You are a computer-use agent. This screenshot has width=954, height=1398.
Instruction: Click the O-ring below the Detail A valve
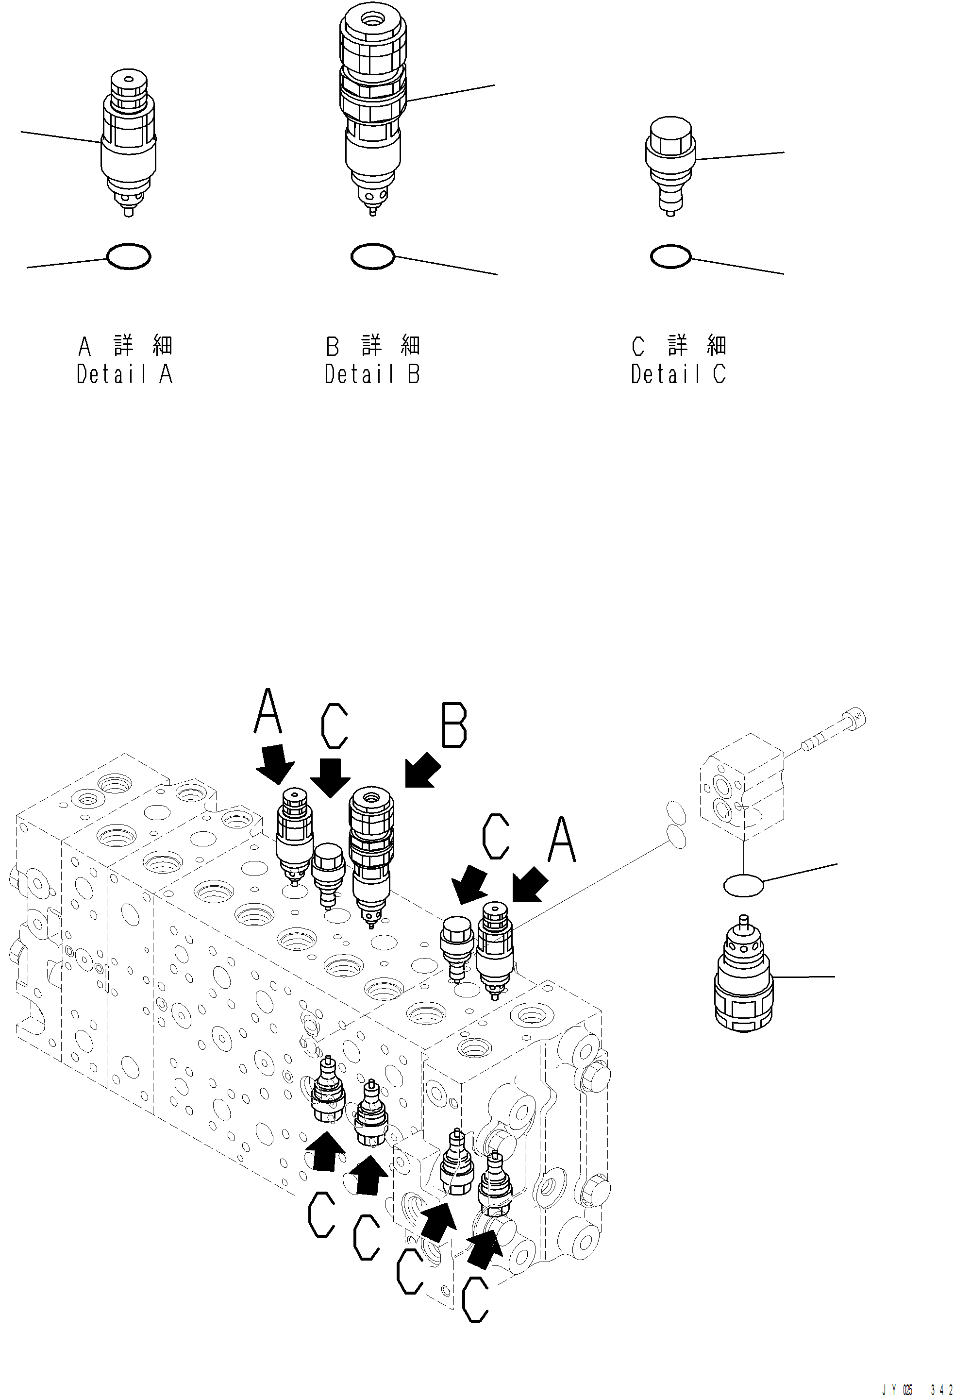128,257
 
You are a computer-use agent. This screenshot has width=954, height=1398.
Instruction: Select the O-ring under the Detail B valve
372,256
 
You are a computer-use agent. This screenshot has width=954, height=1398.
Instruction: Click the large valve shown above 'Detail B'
372,108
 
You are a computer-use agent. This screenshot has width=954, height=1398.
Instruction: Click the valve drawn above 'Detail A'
128,141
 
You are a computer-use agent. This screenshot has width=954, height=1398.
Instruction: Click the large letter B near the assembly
454,726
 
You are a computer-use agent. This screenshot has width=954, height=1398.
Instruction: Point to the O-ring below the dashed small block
743,885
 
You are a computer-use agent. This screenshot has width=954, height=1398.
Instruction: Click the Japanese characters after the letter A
143,346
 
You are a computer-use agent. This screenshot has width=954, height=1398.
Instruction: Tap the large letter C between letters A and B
335,726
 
